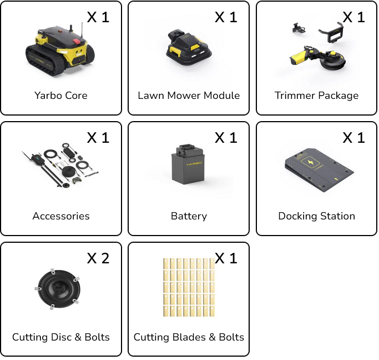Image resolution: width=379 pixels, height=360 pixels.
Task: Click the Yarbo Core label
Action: click(x=60, y=96)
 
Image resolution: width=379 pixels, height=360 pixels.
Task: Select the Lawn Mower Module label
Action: click(x=189, y=96)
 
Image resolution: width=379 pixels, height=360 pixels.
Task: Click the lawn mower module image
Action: click(x=189, y=47)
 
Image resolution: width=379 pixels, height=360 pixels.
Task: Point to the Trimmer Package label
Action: click(x=316, y=96)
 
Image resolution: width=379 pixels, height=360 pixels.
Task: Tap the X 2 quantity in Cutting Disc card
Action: click(x=98, y=258)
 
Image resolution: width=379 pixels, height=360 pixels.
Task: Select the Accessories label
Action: click(x=61, y=216)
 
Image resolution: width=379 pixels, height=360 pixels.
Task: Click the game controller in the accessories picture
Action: click(x=77, y=180)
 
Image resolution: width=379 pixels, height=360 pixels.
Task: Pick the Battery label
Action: click(x=189, y=216)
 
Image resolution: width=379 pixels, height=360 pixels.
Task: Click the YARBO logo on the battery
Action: click(x=194, y=164)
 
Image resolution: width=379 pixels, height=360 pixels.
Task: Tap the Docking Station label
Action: click(x=317, y=216)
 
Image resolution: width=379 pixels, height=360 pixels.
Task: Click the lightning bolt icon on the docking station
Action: click(x=310, y=162)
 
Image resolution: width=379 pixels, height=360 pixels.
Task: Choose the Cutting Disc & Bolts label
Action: click(x=61, y=337)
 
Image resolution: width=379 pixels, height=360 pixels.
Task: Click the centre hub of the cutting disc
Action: click(x=59, y=288)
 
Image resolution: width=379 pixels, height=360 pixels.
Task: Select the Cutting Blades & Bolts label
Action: click(x=189, y=337)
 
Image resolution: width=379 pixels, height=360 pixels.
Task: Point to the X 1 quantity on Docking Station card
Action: click(x=353, y=138)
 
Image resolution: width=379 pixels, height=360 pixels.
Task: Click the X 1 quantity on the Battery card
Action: click(x=226, y=138)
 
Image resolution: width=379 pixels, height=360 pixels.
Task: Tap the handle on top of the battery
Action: click(x=187, y=146)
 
